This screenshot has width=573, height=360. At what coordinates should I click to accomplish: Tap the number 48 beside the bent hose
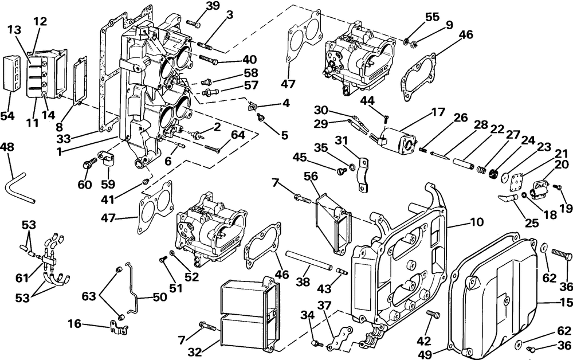click(8, 147)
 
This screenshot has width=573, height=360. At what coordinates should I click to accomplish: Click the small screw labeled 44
click(386, 117)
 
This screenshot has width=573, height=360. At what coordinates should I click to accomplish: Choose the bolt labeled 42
click(433, 314)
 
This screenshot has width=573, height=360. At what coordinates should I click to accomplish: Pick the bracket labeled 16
click(118, 328)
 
